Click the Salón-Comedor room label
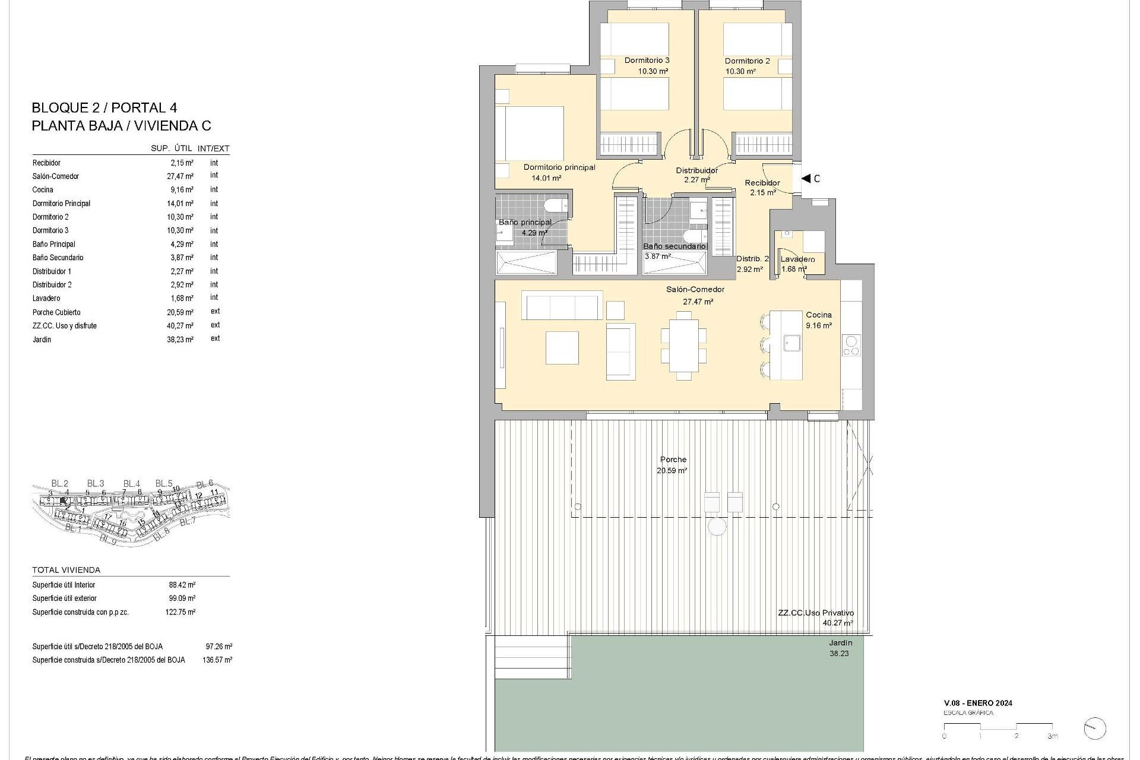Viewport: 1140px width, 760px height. [x=695, y=290]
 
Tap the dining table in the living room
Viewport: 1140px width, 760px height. [x=683, y=346]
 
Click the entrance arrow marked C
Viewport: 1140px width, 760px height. [x=806, y=178]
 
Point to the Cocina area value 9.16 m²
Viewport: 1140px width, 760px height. [x=818, y=325]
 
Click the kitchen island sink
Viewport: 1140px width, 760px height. [x=791, y=343]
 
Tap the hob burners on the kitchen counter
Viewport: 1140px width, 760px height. [x=851, y=346]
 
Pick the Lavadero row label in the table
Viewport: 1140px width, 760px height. [x=46, y=299]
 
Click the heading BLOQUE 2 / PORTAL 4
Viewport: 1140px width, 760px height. [x=104, y=108]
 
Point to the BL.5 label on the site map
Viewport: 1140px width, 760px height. [x=164, y=483]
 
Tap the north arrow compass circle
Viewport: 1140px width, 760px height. [x=1094, y=729]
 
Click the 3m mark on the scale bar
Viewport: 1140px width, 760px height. [x=1052, y=736]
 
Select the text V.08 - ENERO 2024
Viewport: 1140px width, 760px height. [x=978, y=703]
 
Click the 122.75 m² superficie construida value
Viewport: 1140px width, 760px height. [x=180, y=612]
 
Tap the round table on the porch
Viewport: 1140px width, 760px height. [x=717, y=527]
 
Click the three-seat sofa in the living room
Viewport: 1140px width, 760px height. [x=562, y=306]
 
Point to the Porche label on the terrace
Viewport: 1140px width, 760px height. [x=673, y=460]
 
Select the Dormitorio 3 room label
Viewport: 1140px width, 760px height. [x=647, y=61]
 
